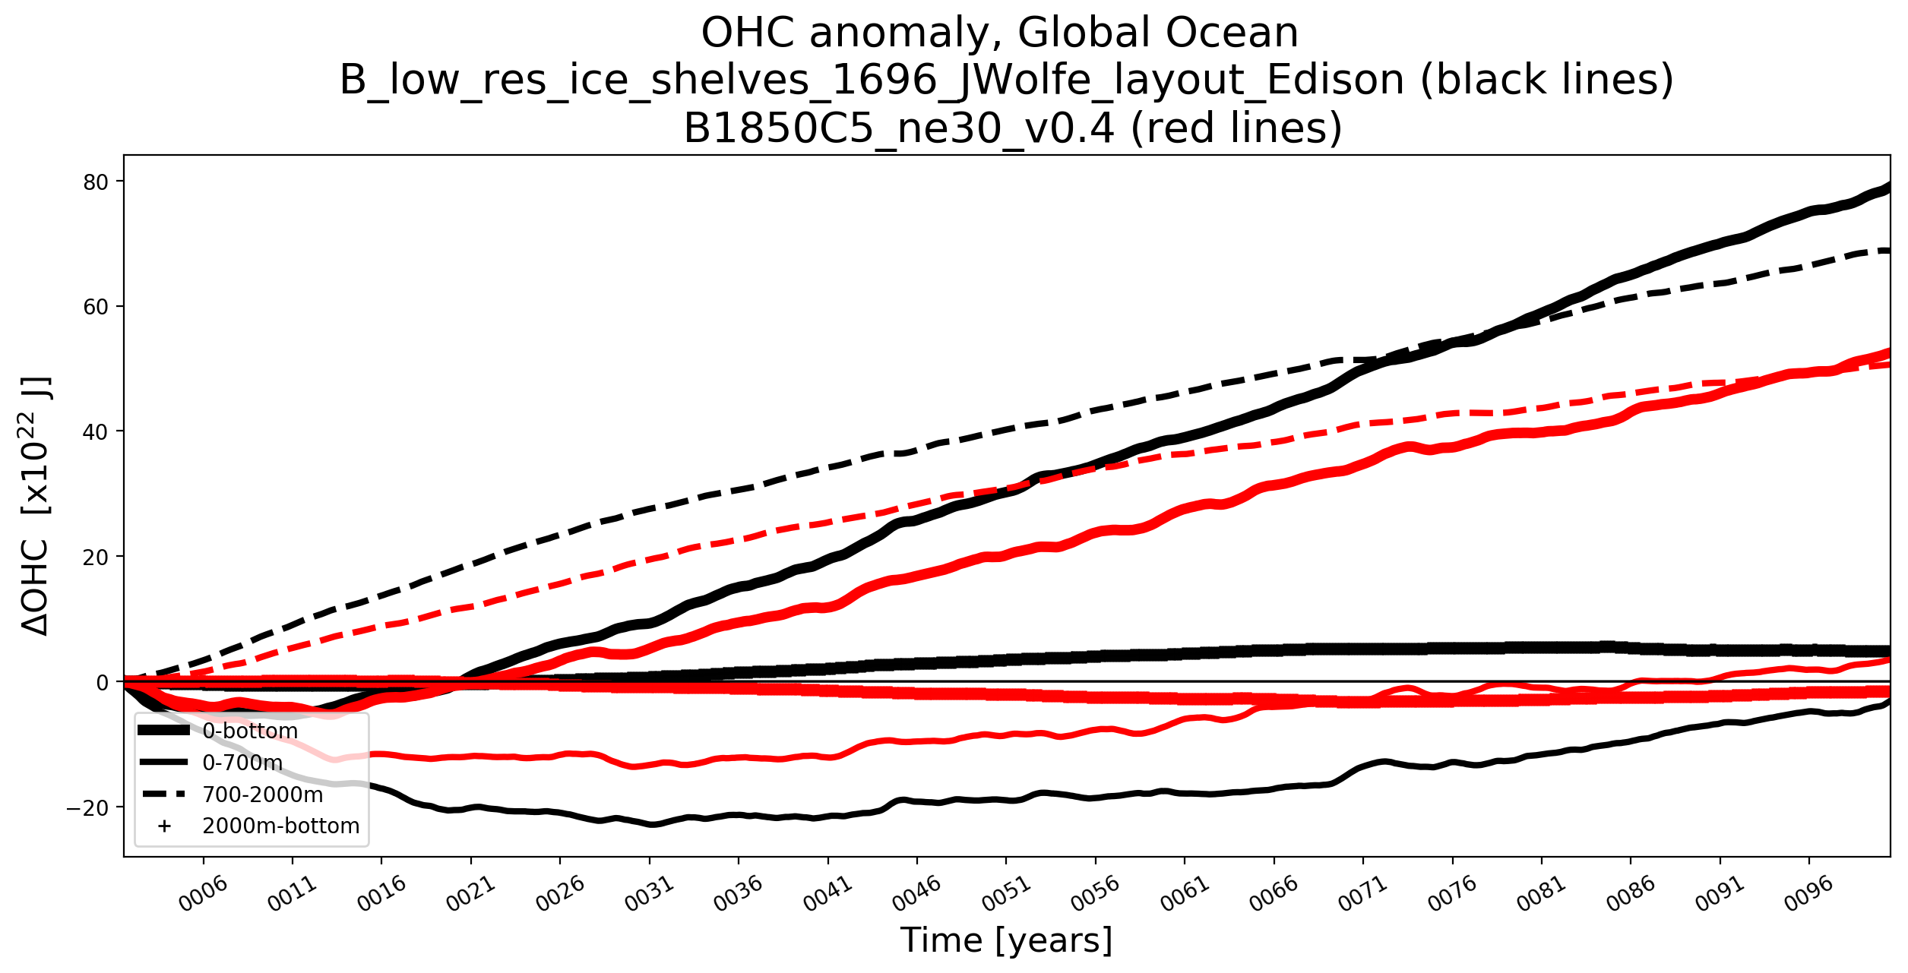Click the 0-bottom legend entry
(250, 731)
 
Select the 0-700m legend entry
(242, 763)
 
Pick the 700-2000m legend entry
(262, 795)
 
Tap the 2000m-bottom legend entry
(280, 826)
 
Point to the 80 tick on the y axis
(97, 182)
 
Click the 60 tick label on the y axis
(97, 307)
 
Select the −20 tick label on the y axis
(87, 807)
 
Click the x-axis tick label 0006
(204, 893)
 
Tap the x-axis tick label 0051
(1007, 893)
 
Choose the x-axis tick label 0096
(1809, 893)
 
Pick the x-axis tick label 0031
(650, 893)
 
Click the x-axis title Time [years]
(1006, 940)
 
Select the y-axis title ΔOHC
(36, 589)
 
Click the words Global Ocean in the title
(1157, 33)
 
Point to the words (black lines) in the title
(1546, 80)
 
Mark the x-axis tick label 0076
(1453, 893)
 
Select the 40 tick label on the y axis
(97, 431)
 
